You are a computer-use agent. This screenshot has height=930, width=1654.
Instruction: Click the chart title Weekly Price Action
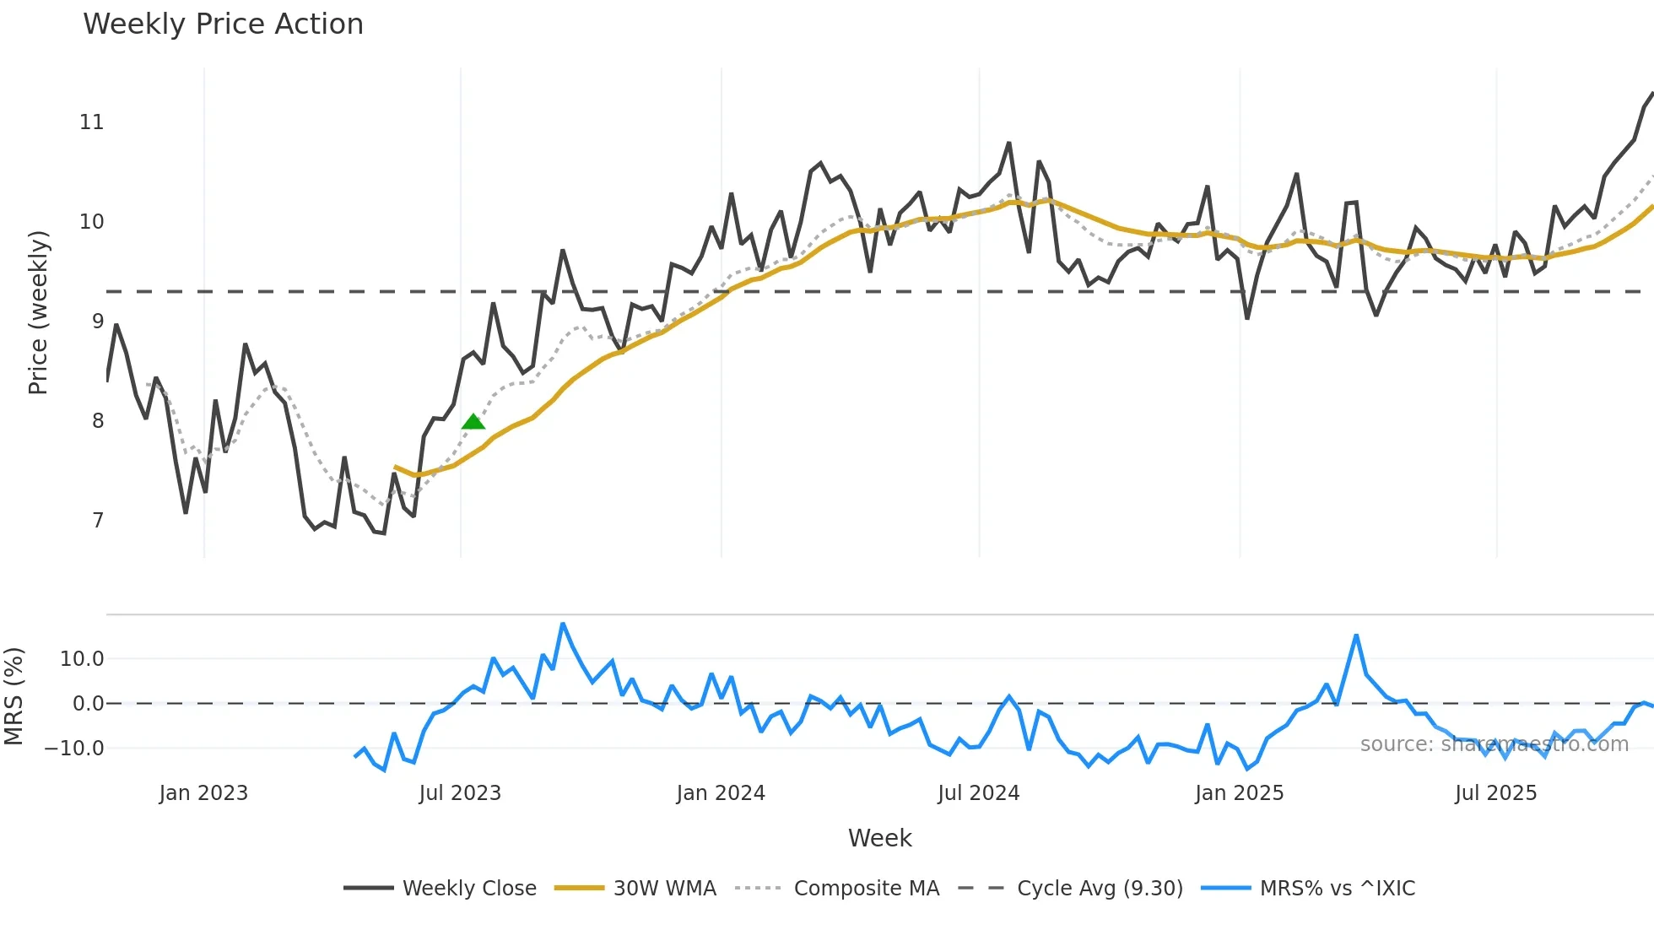coord(223,24)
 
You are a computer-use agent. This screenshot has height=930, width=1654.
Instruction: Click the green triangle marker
coord(473,421)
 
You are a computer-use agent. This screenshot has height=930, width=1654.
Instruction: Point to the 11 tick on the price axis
coord(91,122)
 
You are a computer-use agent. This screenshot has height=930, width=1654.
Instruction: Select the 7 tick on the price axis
coord(98,521)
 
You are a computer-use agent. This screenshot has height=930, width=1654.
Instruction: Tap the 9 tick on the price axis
coord(98,322)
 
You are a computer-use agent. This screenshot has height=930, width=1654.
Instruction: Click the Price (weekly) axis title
coord(38,313)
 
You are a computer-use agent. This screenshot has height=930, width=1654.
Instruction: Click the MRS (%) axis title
coord(14,696)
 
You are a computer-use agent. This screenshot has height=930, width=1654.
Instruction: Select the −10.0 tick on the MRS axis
coord(74,749)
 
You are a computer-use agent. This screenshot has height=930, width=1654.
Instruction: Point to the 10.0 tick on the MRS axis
coord(82,659)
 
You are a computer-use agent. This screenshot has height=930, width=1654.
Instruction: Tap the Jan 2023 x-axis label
coord(203,793)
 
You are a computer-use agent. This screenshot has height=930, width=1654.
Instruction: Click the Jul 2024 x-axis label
coord(978,793)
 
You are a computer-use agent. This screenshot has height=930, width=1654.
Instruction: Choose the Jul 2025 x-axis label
coord(1495,793)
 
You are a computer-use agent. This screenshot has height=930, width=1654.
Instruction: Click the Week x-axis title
coord(879,838)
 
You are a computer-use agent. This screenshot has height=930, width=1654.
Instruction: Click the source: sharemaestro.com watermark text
coord(1494,744)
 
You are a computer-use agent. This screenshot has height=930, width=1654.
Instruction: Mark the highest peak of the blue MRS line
coord(563,625)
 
